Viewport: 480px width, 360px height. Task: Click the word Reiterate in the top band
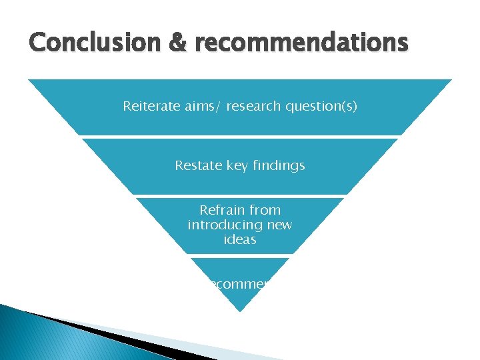click(x=149, y=106)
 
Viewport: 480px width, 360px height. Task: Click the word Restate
click(x=197, y=165)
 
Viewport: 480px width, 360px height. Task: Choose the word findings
click(x=279, y=165)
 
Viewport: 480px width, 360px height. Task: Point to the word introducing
click(x=225, y=225)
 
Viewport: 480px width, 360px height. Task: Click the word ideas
click(x=240, y=239)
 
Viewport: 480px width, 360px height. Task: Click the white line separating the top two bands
click(x=240, y=137)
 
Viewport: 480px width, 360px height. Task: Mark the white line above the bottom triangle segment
click(x=240, y=256)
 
